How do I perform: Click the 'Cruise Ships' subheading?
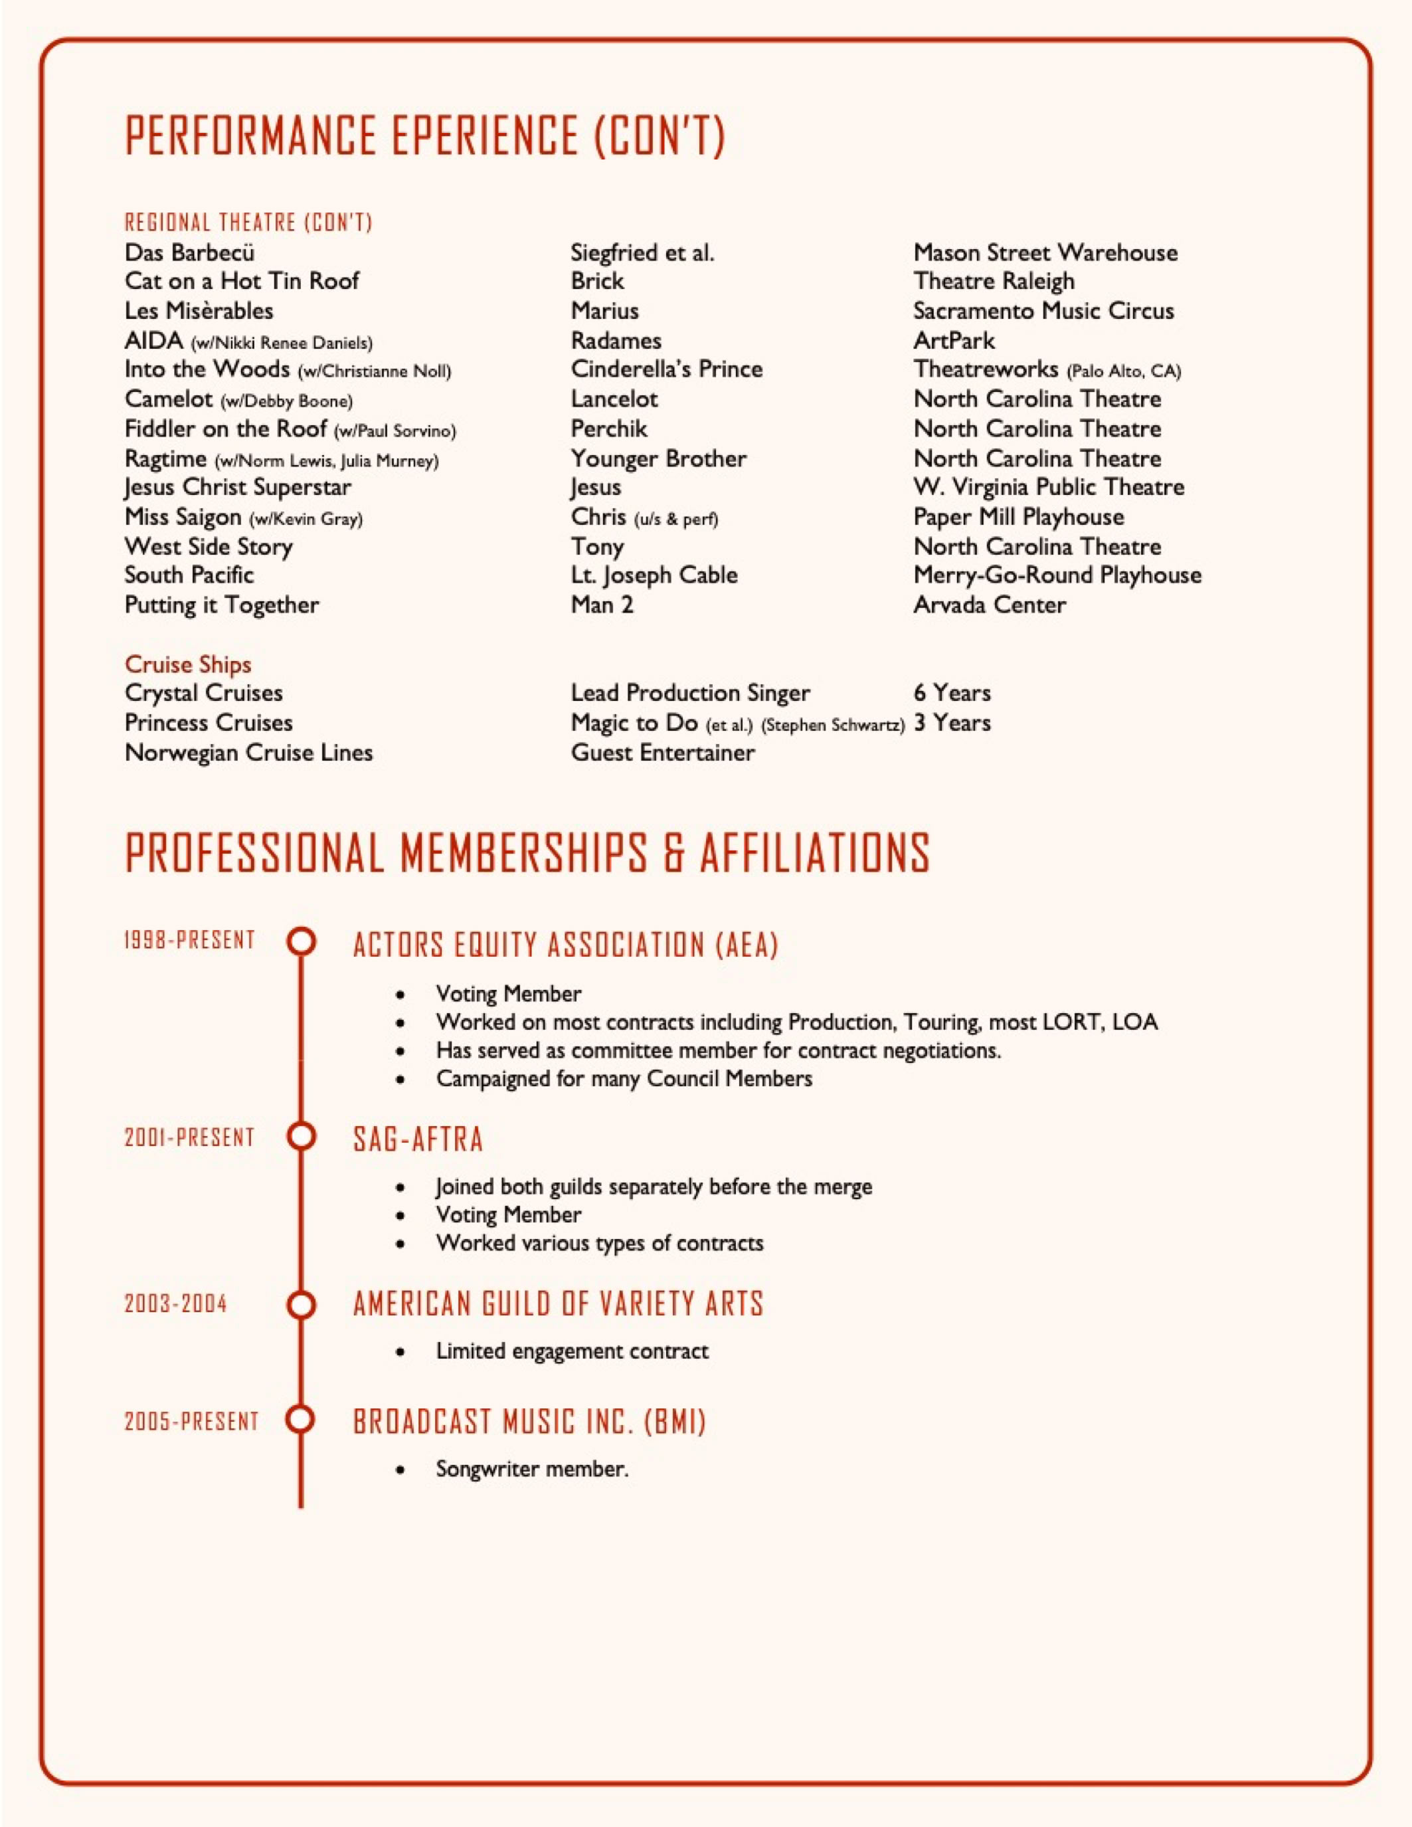pos(187,664)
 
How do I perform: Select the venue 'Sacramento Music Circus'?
pos(1043,310)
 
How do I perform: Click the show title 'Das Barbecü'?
pos(189,252)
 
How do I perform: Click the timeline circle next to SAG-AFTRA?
pos(301,1136)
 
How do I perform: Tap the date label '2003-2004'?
pos(175,1303)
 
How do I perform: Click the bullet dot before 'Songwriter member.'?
pos(402,1469)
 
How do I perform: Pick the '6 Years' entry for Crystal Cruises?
pos(952,693)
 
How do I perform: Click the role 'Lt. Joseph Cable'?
pos(654,575)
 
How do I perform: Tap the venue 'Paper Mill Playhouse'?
pos(1018,516)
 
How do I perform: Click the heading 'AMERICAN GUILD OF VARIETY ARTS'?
pos(558,1304)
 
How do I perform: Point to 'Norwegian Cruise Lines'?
pos(248,752)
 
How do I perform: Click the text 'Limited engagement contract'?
pos(571,1351)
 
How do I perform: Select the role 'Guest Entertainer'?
pos(663,752)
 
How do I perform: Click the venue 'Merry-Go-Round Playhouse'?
pos(1057,575)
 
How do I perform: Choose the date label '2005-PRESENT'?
pos(191,1421)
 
